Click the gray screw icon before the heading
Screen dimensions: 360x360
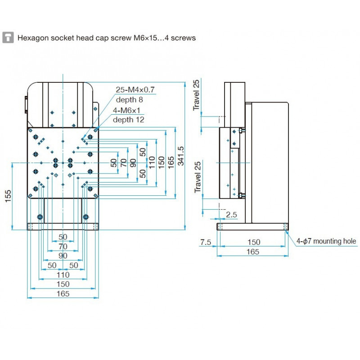coord(8,38)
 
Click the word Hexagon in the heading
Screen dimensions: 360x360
coord(31,38)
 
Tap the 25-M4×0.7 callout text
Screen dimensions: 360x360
coord(135,90)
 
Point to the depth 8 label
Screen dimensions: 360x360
coord(129,99)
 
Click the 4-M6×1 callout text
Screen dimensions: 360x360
coord(128,110)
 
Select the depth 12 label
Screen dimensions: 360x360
coord(129,120)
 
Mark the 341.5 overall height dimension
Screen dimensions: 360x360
coord(181,156)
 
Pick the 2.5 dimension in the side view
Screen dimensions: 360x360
coord(231,215)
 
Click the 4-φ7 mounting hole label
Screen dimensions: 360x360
coord(326,241)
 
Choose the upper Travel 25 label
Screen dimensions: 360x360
coord(196,95)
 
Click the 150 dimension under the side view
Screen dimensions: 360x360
coord(253,242)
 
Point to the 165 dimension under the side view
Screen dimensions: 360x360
coord(253,252)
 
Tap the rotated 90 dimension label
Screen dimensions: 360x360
coord(133,163)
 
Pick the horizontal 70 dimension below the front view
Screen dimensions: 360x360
coord(63,246)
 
